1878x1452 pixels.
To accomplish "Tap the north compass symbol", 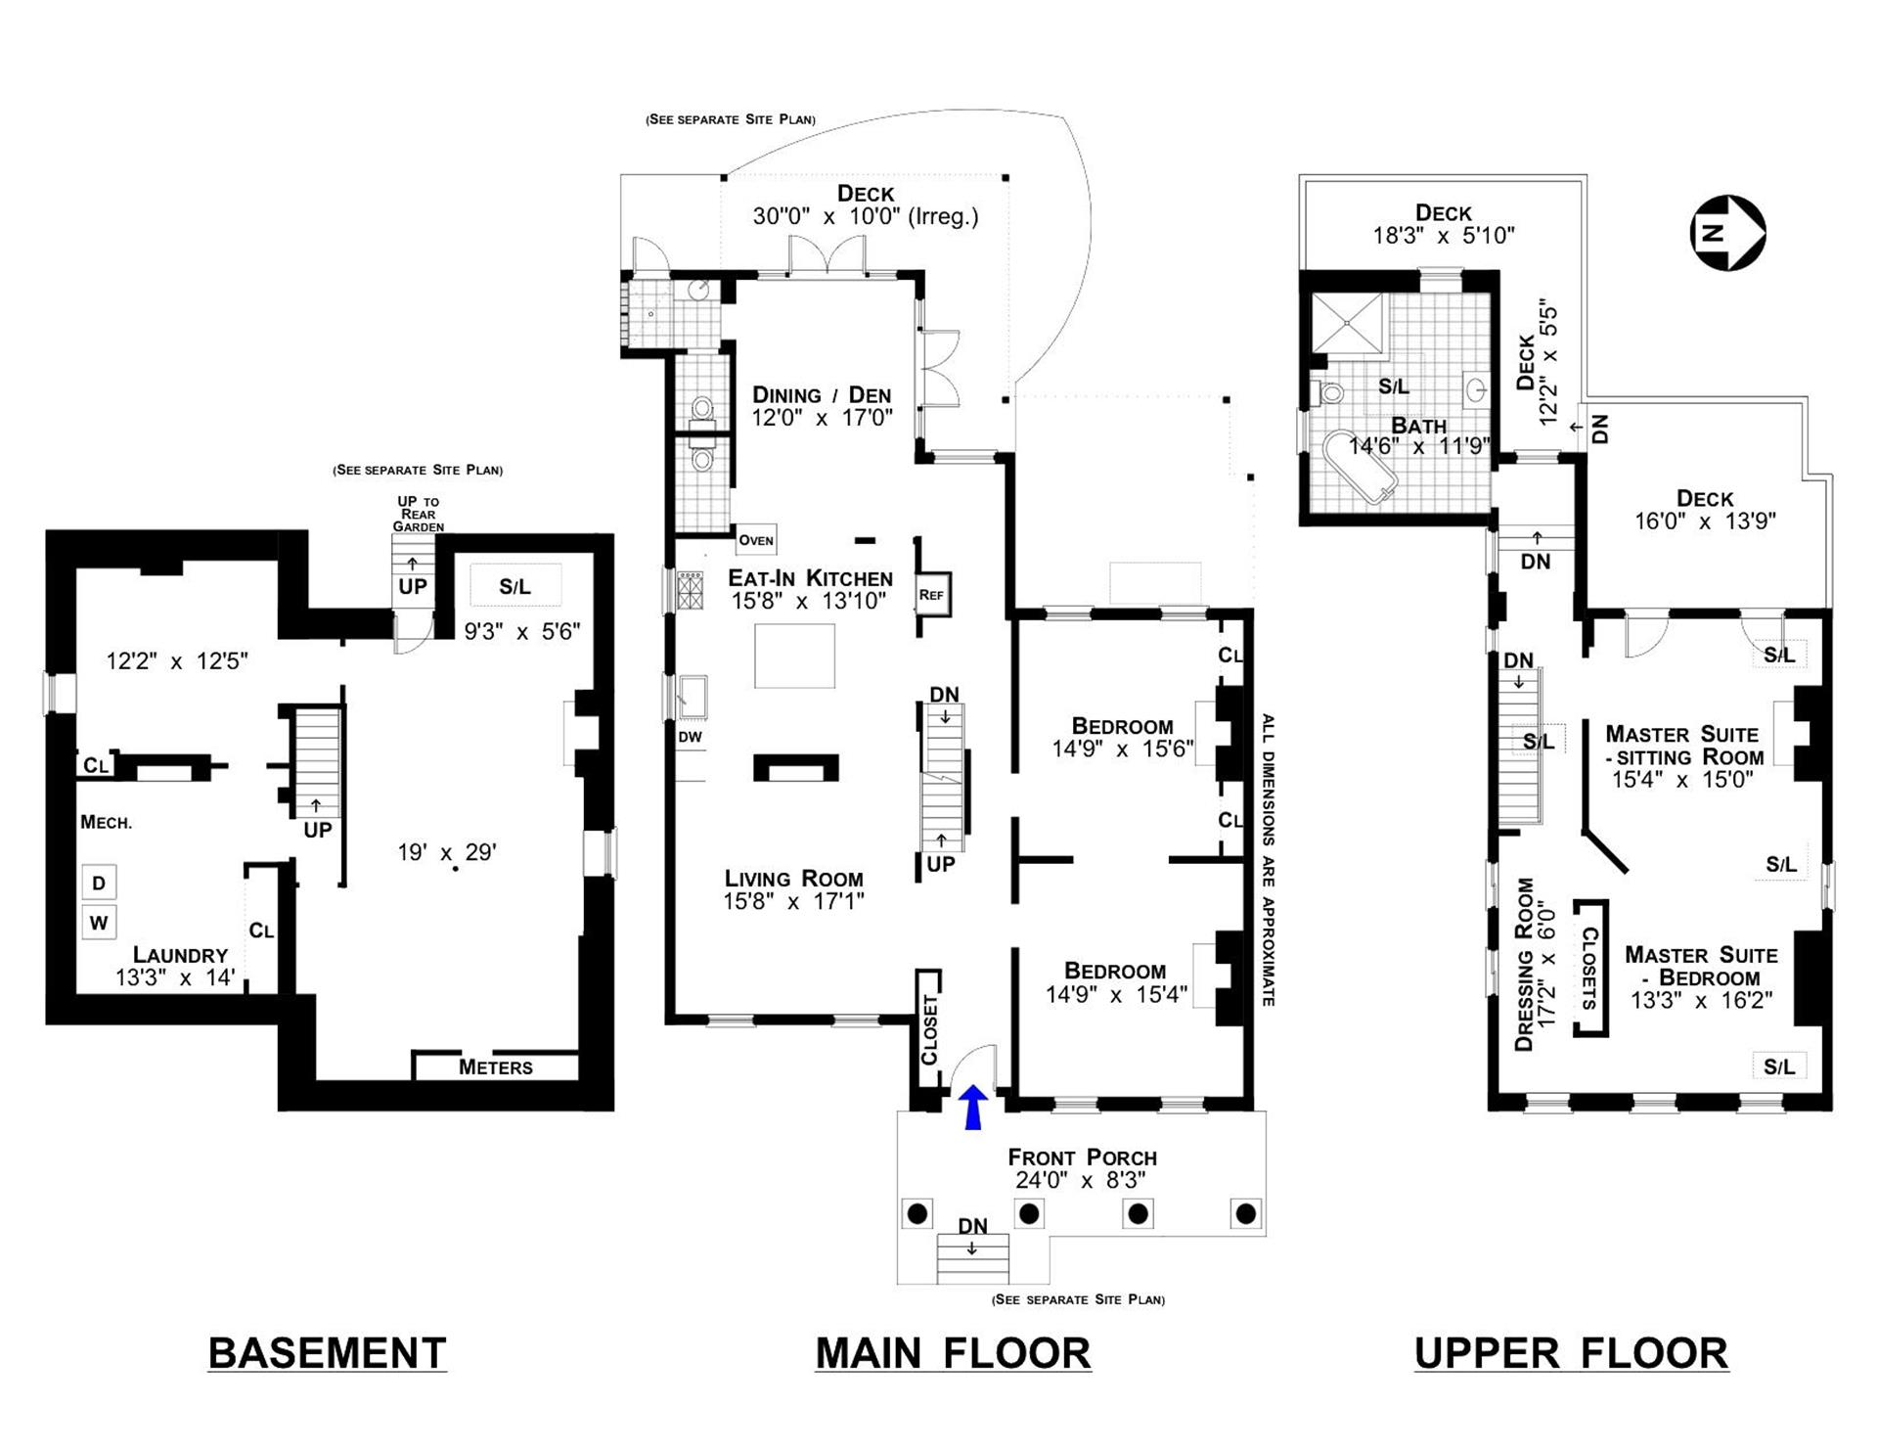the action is tap(1727, 233).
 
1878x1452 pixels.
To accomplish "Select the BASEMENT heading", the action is tap(327, 1353).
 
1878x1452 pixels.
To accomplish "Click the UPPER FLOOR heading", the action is tap(1571, 1353).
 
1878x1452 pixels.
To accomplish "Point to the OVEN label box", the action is tap(756, 539).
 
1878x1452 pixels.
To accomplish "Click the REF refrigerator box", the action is tap(932, 594).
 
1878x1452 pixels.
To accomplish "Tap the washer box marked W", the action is tap(99, 923).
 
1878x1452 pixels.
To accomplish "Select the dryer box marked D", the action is tap(99, 884).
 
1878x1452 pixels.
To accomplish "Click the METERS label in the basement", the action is tap(496, 1067).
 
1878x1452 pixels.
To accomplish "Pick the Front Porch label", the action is tap(1082, 1157).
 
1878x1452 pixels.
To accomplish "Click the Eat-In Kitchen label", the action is tap(810, 578).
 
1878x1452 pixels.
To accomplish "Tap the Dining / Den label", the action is tap(822, 395).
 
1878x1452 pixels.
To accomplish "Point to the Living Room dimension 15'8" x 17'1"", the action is tap(793, 901).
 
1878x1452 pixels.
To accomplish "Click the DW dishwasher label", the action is tap(691, 737).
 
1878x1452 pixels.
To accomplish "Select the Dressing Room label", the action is tap(1524, 964).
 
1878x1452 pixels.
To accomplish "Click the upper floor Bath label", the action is tap(1418, 426).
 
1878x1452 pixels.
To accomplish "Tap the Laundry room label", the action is tap(180, 955).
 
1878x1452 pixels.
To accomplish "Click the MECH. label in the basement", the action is tap(106, 823).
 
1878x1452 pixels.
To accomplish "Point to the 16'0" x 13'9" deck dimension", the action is tap(1704, 522).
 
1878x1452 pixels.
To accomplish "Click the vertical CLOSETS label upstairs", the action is tap(1589, 968).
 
